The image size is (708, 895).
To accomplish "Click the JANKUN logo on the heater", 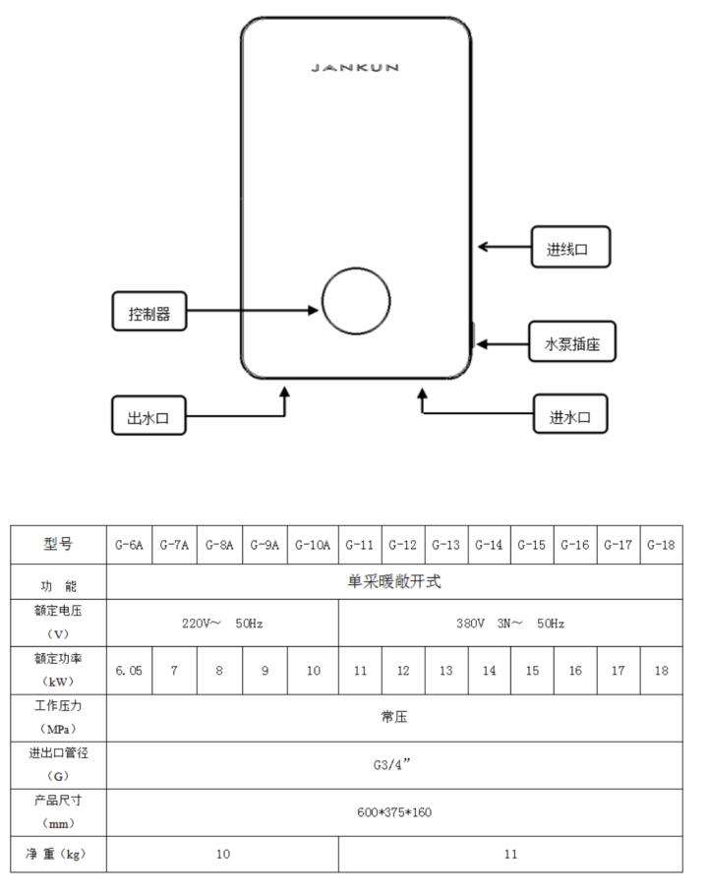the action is (355, 67).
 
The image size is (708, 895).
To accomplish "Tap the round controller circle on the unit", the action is (356, 268).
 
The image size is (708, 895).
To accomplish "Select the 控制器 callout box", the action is (149, 311).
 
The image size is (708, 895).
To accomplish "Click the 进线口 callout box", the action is (570, 247).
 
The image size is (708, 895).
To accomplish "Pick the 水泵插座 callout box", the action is (572, 341).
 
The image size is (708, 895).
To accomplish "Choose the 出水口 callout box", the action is (148, 415).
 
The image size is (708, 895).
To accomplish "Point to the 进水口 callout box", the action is (570, 414).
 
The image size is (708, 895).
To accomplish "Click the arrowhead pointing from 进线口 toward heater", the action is (483, 247).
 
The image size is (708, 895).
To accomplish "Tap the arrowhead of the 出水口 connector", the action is (285, 392).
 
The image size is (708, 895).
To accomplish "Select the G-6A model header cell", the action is (129, 545).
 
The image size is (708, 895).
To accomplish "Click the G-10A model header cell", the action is (313, 545).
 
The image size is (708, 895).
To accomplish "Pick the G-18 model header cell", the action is (661, 545).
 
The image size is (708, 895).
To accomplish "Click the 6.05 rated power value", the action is (129, 671).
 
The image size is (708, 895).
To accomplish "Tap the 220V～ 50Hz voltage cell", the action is (222, 624).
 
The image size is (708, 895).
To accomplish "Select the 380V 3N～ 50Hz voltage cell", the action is (510, 624).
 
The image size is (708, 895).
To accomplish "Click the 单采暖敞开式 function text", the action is (394, 581).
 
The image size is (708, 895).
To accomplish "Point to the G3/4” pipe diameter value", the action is (392, 764).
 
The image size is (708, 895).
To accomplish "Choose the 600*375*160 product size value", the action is (394, 812).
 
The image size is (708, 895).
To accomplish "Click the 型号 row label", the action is (58, 544).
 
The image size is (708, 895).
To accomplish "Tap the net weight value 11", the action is (510, 854).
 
